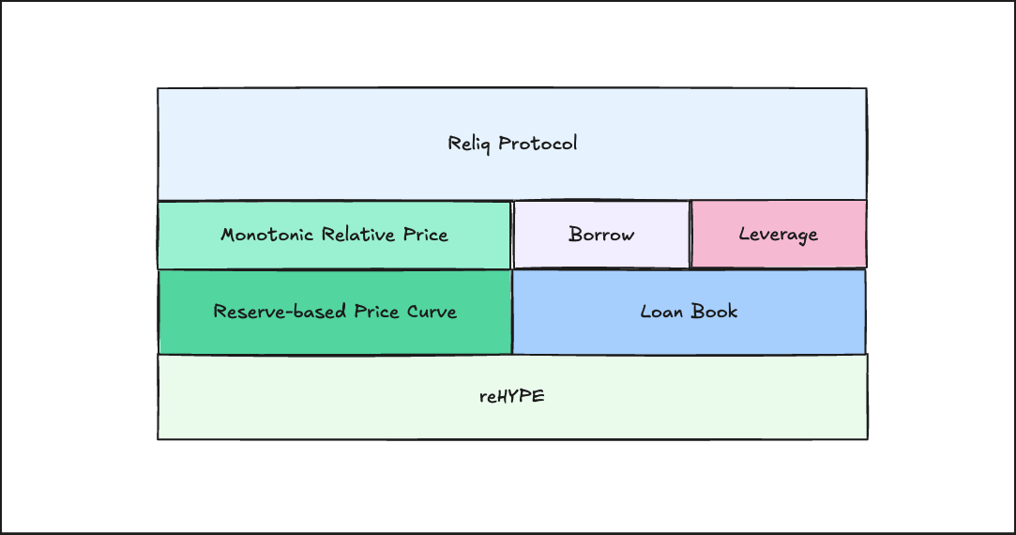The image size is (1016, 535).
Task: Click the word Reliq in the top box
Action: click(x=470, y=144)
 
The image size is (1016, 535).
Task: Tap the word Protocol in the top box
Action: click(x=538, y=144)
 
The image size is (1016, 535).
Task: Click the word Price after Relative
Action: click(x=426, y=235)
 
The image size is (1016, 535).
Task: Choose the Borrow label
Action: click(x=601, y=235)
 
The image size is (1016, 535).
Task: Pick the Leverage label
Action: click(x=779, y=235)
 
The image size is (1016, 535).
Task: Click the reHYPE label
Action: click(x=511, y=397)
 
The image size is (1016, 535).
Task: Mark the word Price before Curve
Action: click(x=376, y=312)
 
